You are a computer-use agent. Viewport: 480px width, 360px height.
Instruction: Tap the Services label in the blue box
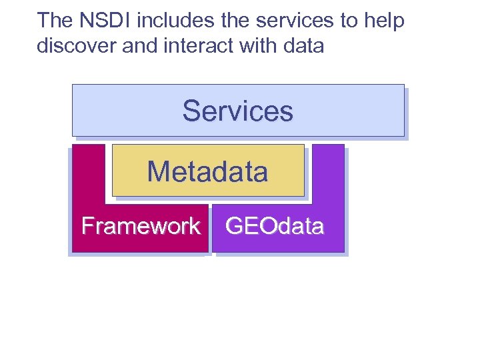click(x=238, y=111)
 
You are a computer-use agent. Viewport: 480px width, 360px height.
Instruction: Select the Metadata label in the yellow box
click(x=207, y=171)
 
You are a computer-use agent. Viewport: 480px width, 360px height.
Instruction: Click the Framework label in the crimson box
click(x=141, y=226)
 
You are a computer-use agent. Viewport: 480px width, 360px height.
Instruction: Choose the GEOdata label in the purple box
click(x=275, y=226)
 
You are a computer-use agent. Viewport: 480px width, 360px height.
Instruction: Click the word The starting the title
click(x=55, y=21)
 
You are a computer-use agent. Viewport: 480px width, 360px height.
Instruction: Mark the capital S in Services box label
click(x=191, y=111)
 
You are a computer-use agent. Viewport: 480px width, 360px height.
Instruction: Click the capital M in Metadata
click(x=157, y=171)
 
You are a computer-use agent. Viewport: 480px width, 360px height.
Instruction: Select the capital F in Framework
click(x=87, y=226)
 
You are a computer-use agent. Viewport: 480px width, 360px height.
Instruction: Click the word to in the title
click(x=349, y=21)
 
